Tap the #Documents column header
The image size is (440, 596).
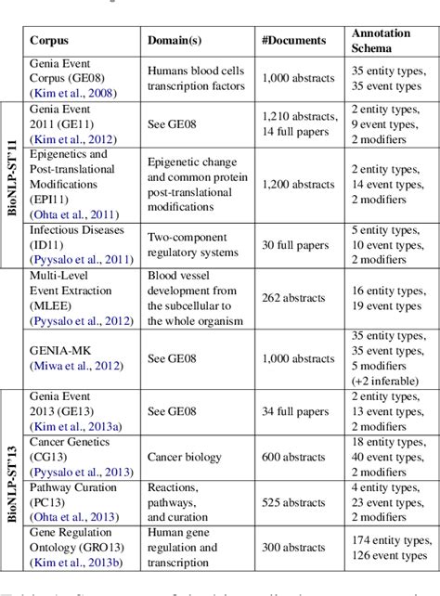coord(295,41)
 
